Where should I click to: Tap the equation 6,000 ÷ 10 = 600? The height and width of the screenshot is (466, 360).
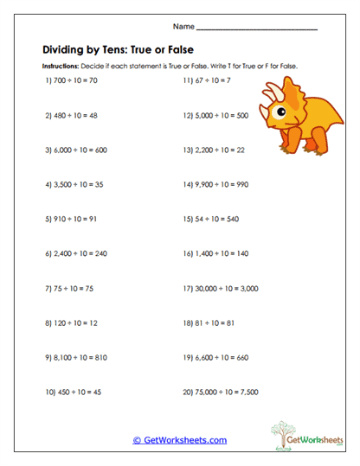tap(75, 150)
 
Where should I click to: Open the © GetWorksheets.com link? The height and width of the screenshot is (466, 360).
tap(180, 440)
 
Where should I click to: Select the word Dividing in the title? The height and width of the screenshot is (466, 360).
tap(61, 49)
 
